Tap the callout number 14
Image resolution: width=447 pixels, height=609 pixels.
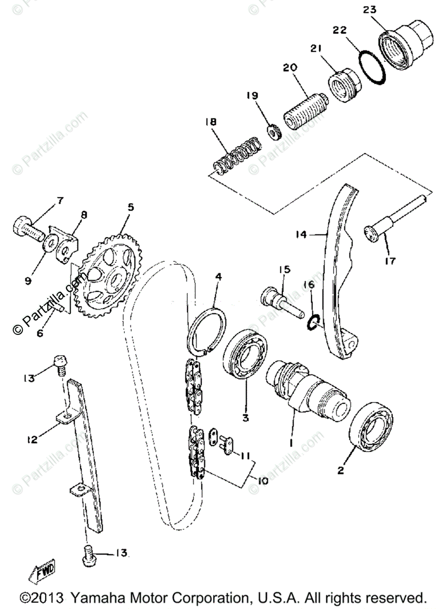(x=301, y=234)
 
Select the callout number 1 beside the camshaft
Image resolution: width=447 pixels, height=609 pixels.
(x=292, y=443)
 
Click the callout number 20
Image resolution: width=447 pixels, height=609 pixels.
(x=290, y=67)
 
